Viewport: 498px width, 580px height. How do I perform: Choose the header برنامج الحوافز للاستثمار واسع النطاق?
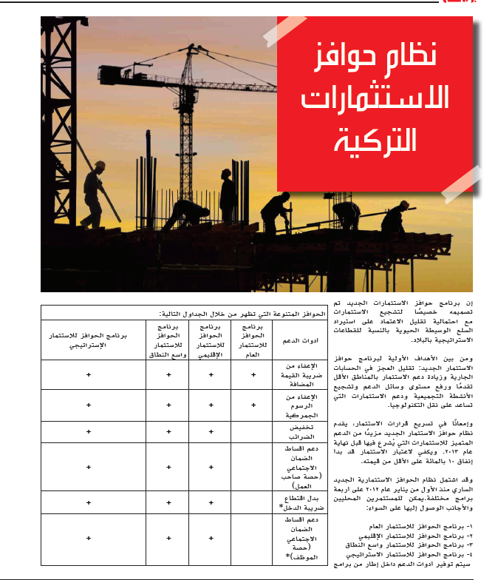click(168, 340)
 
